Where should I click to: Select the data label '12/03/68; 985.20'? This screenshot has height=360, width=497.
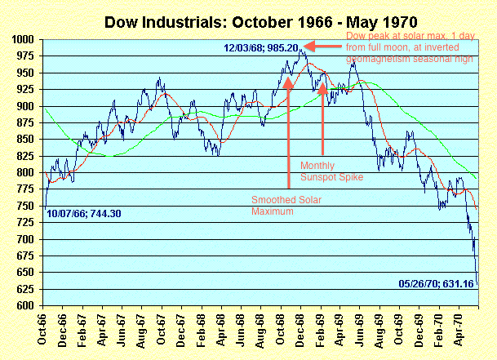tap(258, 48)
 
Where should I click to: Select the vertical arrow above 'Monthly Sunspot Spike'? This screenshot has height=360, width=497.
tap(323, 110)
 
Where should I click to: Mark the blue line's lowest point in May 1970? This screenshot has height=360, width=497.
tap(477, 285)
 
